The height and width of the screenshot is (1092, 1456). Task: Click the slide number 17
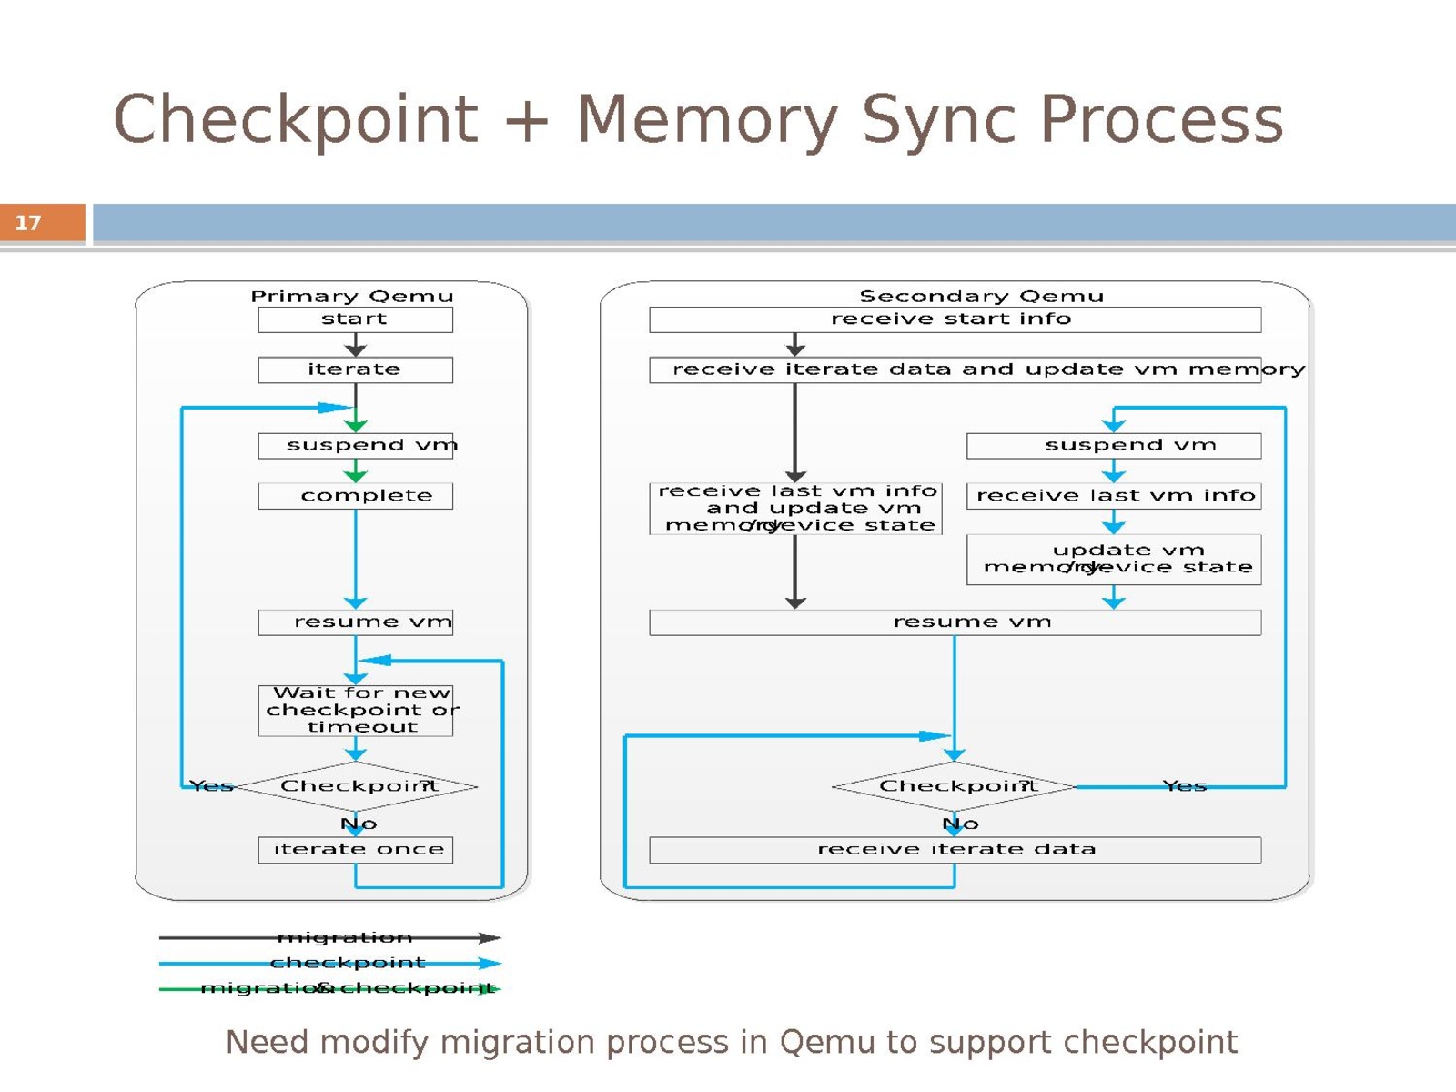click(28, 223)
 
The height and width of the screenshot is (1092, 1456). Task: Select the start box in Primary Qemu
click(355, 319)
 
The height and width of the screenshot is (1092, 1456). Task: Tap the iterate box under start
click(355, 369)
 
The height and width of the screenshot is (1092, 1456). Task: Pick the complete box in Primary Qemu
click(355, 496)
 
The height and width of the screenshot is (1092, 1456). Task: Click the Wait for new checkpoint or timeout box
click(355, 711)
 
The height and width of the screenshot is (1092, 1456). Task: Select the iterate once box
click(355, 850)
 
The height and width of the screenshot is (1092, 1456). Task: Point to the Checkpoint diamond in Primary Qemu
click(357, 786)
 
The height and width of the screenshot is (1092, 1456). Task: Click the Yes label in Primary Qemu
click(211, 786)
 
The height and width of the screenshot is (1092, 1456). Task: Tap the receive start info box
click(954, 319)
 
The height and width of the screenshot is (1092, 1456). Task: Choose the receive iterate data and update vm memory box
click(954, 369)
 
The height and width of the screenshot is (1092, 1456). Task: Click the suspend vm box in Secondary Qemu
click(1113, 446)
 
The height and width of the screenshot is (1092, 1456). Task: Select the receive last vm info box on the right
click(1113, 496)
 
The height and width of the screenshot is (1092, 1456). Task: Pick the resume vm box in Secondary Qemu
click(954, 622)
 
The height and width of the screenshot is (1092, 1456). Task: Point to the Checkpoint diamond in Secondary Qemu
click(954, 786)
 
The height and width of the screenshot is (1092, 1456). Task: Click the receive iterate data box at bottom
click(954, 850)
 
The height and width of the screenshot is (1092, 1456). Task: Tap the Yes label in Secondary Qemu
click(1184, 786)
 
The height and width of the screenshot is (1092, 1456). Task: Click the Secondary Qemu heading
click(981, 297)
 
